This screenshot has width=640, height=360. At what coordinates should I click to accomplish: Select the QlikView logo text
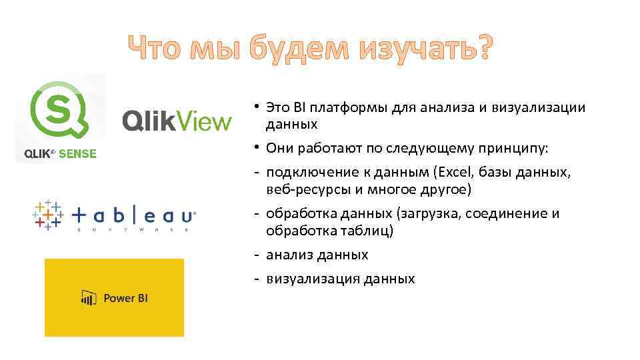point(177,121)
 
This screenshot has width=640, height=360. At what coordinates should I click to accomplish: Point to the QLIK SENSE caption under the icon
point(60,154)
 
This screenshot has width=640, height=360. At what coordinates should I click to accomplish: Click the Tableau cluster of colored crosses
point(47,215)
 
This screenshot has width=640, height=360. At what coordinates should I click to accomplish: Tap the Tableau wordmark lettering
point(133,216)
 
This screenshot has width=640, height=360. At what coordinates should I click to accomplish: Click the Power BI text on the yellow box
point(125,298)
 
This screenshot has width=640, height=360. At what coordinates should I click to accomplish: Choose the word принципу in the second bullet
point(513,147)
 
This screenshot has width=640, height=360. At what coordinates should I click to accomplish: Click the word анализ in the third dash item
point(289,255)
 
